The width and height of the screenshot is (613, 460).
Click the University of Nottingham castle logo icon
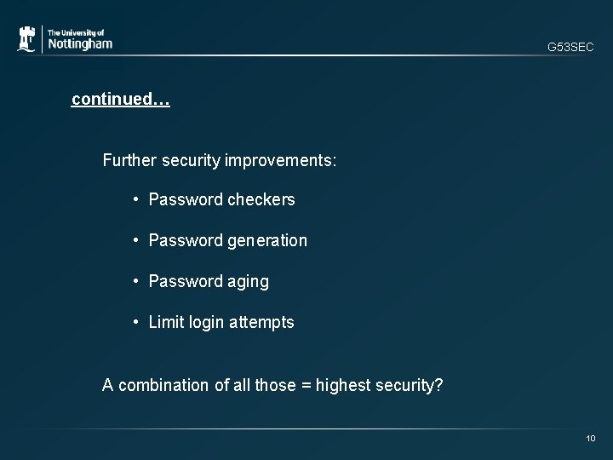[26, 39]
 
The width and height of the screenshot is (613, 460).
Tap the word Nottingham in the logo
[79, 43]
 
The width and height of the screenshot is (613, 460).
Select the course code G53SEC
[570, 48]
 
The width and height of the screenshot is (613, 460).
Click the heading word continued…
[121, 100]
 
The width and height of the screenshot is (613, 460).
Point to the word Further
[128, 159]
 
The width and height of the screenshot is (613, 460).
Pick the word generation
[267, 241]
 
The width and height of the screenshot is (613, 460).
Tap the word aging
[249, 282]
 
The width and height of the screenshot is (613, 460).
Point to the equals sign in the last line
[305, 385]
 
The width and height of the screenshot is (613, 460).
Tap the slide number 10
[591, 438]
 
